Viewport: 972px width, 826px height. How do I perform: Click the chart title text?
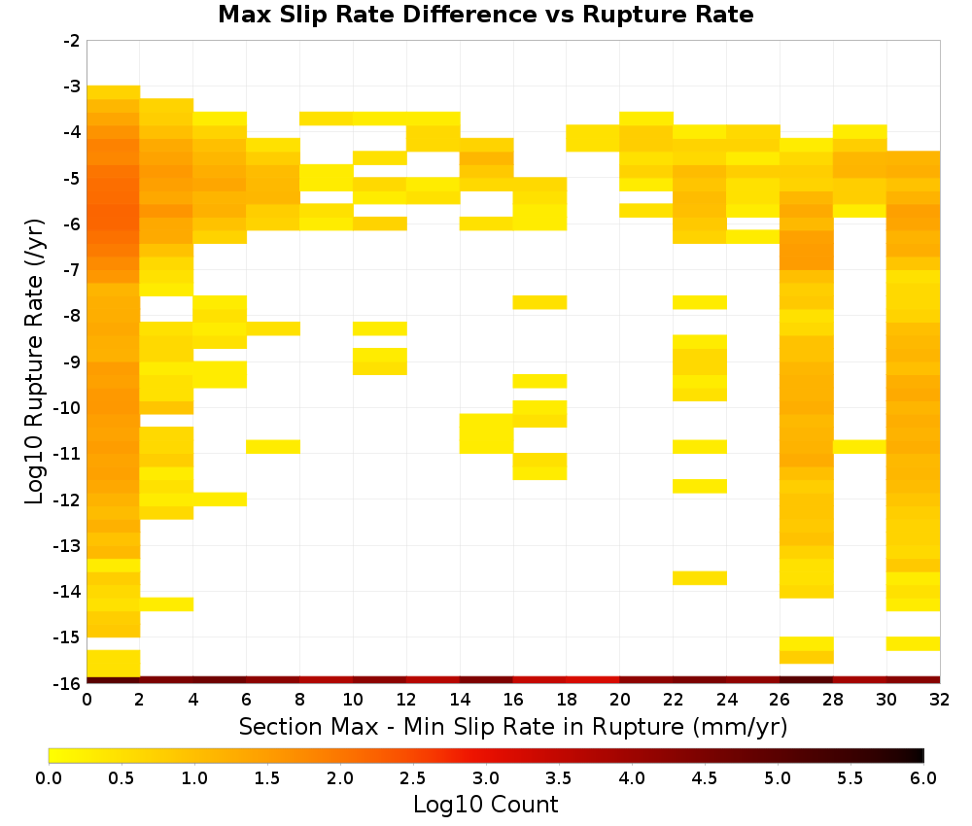coord(485,15)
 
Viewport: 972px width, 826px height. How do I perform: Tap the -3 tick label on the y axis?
coord(72,86)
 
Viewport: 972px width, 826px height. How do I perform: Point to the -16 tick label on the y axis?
coord(68,683)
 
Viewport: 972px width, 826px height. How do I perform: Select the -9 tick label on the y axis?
coord(72,361)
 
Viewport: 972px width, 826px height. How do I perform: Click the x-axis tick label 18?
coord(566,700)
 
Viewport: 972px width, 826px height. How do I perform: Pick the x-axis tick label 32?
coord(940,700)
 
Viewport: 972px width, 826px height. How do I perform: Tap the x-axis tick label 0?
coord(87,700)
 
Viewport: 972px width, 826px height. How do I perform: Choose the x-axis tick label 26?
coord(780,700)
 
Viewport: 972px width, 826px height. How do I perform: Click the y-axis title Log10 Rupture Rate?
coord(34,361)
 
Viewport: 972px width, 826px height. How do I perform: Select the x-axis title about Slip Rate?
coord(513,726)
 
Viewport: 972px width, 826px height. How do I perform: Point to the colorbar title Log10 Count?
coord(485,805)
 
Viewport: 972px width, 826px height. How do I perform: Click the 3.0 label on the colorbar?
coord(486,778)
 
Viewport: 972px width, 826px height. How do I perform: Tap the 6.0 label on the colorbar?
coord(923,778)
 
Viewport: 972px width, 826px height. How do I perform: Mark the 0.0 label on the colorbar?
coord(49,778)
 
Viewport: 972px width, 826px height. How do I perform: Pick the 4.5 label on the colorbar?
coord(704,778)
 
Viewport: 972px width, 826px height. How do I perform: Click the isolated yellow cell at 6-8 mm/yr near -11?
coord(273,447)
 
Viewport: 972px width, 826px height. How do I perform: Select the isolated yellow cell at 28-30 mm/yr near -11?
coord(860,447)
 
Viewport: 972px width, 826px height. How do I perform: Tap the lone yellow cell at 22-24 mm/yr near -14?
coord(700,578)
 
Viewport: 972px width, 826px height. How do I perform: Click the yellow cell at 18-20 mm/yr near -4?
coord(593,138)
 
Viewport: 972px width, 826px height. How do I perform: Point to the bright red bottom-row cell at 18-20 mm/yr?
coord(593,680)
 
